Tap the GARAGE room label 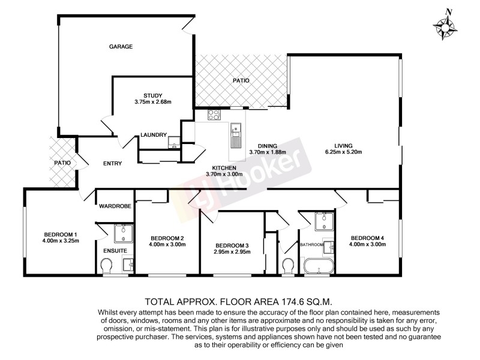click(120, 46)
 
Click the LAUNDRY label click(153, 134)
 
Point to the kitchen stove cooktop click(214, 115)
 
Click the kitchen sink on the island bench click(236, 128)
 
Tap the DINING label click(268, 145)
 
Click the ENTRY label click(112, 163)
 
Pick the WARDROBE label click(115, 206)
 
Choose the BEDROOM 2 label click(166, 238)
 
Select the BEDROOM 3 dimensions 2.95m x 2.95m click(232, 252)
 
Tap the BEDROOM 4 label click(368, 238)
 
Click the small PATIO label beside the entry click(62, 163)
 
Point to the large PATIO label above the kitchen click(241, 80)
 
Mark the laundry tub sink click(173, 142)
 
